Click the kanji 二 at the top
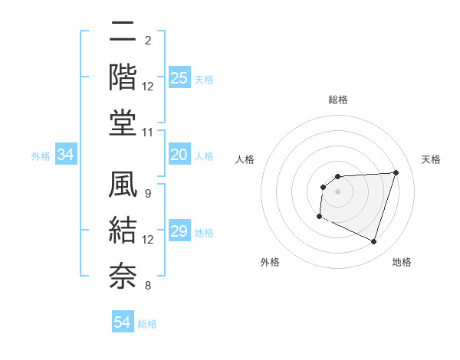click(123, 32)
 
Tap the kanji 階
click(123, 77)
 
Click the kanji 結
click(123, 231)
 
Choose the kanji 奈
click(123, 275)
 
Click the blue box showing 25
click(179, 78)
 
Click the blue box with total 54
click(123, 322)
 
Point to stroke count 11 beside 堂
click(148, 133)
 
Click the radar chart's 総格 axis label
click(337, 100)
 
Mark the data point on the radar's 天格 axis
click(396, 172)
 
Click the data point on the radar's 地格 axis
click(373, 242)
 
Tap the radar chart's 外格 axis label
click(270, 262)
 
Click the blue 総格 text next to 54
click(147, 324)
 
